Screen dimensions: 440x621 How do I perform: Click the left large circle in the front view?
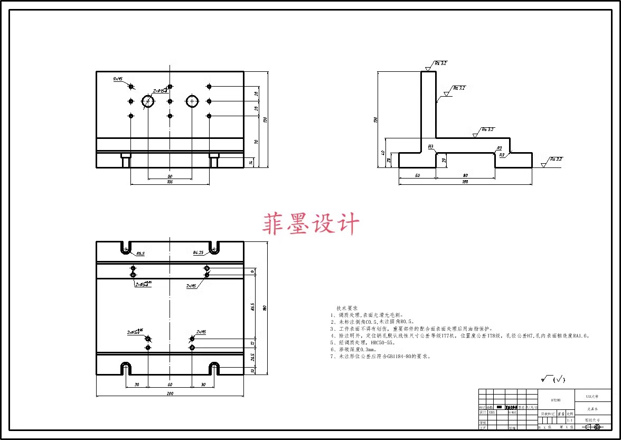(148, 101)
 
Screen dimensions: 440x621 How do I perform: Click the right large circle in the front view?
(192, 101)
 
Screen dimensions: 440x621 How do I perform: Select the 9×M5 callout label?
(118, 79)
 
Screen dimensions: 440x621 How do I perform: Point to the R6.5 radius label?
(140, 254)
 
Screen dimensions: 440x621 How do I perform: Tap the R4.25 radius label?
(199, 252)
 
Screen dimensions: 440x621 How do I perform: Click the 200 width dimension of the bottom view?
(170, 394)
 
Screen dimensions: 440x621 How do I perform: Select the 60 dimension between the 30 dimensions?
(170, 385)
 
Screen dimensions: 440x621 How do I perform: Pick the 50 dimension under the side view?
(417, 175)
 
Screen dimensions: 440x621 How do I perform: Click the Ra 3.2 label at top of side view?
(441, 63)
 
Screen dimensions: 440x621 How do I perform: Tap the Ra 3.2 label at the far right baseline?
(556, 159)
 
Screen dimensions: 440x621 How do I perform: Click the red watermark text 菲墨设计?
(311, 224)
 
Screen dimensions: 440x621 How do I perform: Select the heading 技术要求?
(347, 308)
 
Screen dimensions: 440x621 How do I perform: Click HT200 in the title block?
(556, 400)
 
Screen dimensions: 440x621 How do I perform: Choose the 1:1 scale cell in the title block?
(569, 420)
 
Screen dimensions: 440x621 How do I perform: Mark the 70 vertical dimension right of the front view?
(256, 142)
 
